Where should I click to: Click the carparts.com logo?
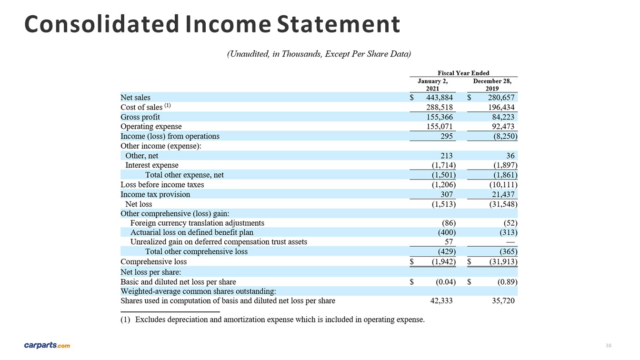point(47,345)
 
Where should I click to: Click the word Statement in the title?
point(338,24)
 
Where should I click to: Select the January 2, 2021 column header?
point(432,85)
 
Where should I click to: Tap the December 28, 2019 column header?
point(492,85)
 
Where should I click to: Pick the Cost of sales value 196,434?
point(499,107)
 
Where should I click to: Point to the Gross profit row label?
point(140,117)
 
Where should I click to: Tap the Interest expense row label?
point(151,165)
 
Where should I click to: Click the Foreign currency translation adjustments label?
point(197,223)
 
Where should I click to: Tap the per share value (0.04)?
point(445,281)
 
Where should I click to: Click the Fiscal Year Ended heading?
point(463,73)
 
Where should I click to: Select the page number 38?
point(608,345)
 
